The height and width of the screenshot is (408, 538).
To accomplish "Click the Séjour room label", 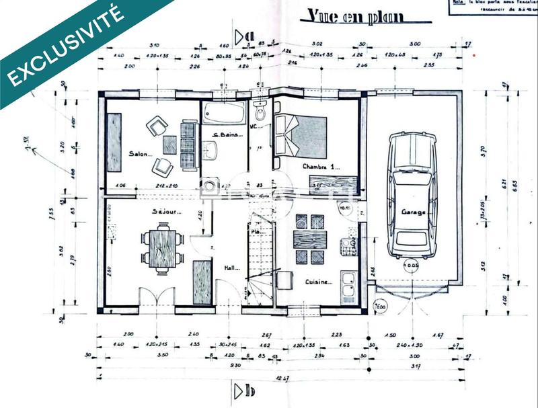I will pyautogui.click(x=166, y=211).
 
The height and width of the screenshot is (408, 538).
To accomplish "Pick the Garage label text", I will pyautogui.click(x=414, y=212).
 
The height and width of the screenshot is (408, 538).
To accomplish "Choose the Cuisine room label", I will pyautogui.click(x=317, y=282).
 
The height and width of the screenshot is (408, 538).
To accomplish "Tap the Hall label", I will pyautogui.click(x=232, y=268).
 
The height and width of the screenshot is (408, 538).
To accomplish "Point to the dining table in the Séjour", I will pyautogui.click(x=162, y=248).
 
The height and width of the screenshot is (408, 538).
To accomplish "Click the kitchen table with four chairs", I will pyautogui.click(x=310, y=240).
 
